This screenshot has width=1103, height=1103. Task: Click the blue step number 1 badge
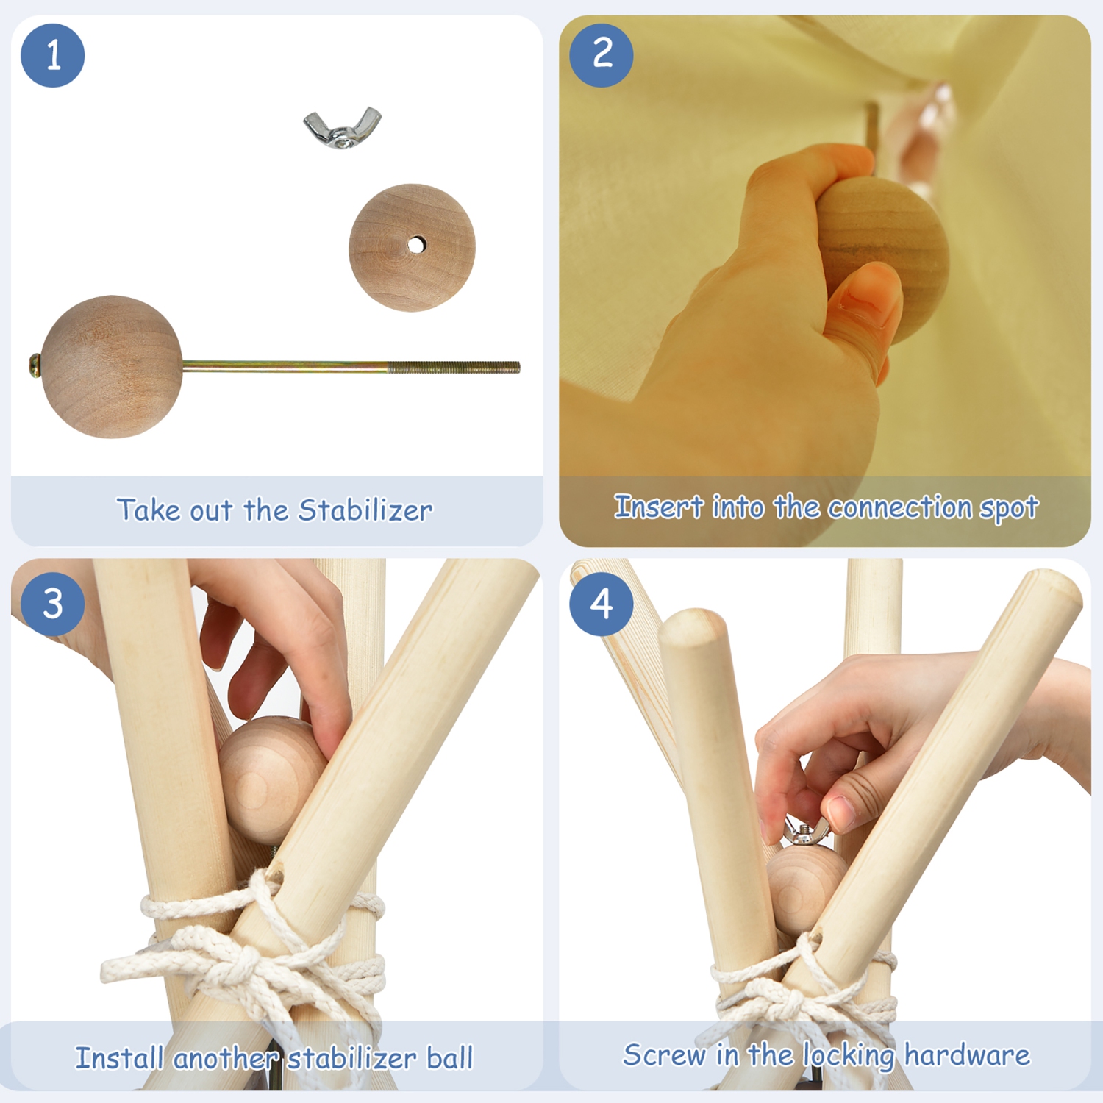(x=53, y=55)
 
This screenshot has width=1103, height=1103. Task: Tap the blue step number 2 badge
(x=602, y=55)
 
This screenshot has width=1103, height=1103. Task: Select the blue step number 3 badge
(x=53, y=604)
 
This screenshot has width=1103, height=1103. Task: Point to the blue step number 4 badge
(x=602, y=604)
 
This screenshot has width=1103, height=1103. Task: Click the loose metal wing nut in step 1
(x=343, y=128)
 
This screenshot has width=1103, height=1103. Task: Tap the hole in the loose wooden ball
(x=416, y=245)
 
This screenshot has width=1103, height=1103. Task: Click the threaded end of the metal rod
(x=454, y=367)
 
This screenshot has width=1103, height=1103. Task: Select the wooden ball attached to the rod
(x=112, y=367)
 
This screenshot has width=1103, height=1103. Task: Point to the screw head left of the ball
(x=35, y=365)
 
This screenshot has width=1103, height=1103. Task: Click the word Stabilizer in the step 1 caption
(x=365, y=510)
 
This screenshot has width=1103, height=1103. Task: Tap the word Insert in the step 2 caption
(x=659, y=507)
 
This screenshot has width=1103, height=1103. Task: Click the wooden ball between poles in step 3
(x=268, y=779)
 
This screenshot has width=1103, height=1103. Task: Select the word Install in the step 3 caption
(x=119, y=1058)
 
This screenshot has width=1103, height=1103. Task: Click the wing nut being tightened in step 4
(x=805, y=832)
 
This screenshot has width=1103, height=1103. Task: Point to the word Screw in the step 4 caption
(x=664, y=1055)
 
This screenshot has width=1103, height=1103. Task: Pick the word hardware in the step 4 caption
(x=967, y=1055)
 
